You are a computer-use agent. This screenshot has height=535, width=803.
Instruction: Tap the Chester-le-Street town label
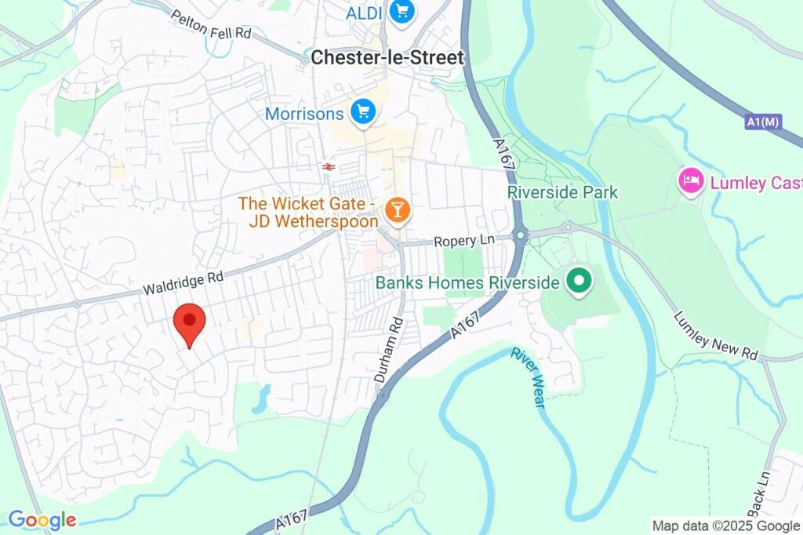[x=387, y=57]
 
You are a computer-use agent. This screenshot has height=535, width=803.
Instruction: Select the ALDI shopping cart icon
[x=402, y=11]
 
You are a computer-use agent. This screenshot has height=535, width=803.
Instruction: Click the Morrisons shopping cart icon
[x=362, y=112]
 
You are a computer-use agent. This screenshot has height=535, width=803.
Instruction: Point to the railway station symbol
[x=326, y=166]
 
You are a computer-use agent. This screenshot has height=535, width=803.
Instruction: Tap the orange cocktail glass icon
[x=397, y=209]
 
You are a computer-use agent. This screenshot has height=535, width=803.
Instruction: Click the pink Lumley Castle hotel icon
[x=690, y=181]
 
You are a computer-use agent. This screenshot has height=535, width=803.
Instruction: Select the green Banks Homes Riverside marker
[x=579, y=282]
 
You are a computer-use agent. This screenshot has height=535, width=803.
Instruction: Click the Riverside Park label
[x=562, y=192]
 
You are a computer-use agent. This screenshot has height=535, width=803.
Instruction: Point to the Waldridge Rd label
[x=183, y=283]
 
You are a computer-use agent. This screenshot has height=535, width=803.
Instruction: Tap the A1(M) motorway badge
[x=762, y=122]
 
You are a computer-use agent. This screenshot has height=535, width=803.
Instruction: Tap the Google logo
[x=42, y=519]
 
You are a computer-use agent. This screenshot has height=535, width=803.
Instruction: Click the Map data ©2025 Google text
[x=725, y=526]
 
